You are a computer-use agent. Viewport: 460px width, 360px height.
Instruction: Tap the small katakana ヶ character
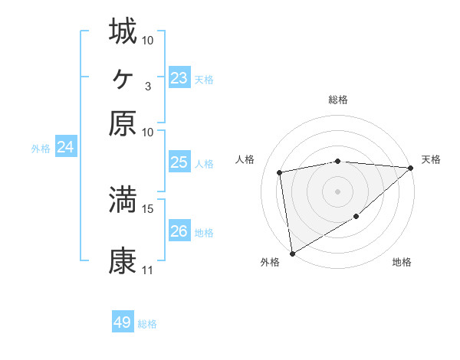(x=123, y=78)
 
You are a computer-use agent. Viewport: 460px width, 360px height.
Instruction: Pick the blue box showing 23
(x=179, y=78)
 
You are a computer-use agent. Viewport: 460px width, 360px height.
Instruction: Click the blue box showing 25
(x=179, y=162)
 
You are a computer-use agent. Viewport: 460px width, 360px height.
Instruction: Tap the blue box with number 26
(x=179, y=231)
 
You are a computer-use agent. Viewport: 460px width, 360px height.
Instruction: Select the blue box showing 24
(x=65, y=148)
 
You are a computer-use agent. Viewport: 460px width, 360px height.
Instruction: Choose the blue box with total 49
(x=123, y=322)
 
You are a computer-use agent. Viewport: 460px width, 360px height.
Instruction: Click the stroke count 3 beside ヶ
(x=147, y=86)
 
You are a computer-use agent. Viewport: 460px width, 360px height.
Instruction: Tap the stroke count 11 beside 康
(x=147, y=270)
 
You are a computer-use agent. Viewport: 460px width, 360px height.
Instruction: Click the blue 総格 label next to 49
(x=147, y=324)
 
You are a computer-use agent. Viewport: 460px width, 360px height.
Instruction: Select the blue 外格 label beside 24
(x=40, y=149)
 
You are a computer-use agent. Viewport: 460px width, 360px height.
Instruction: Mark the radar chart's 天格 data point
(x=411, y=169)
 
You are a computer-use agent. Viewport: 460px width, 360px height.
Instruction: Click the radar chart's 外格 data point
(x=292, y=254)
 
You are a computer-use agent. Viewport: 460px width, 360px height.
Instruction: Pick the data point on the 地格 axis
(x=356, y=218)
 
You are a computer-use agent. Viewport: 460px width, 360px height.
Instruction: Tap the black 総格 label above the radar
(x=338, y=100)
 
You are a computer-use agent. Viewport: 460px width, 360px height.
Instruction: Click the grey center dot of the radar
(x=337, y=191)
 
